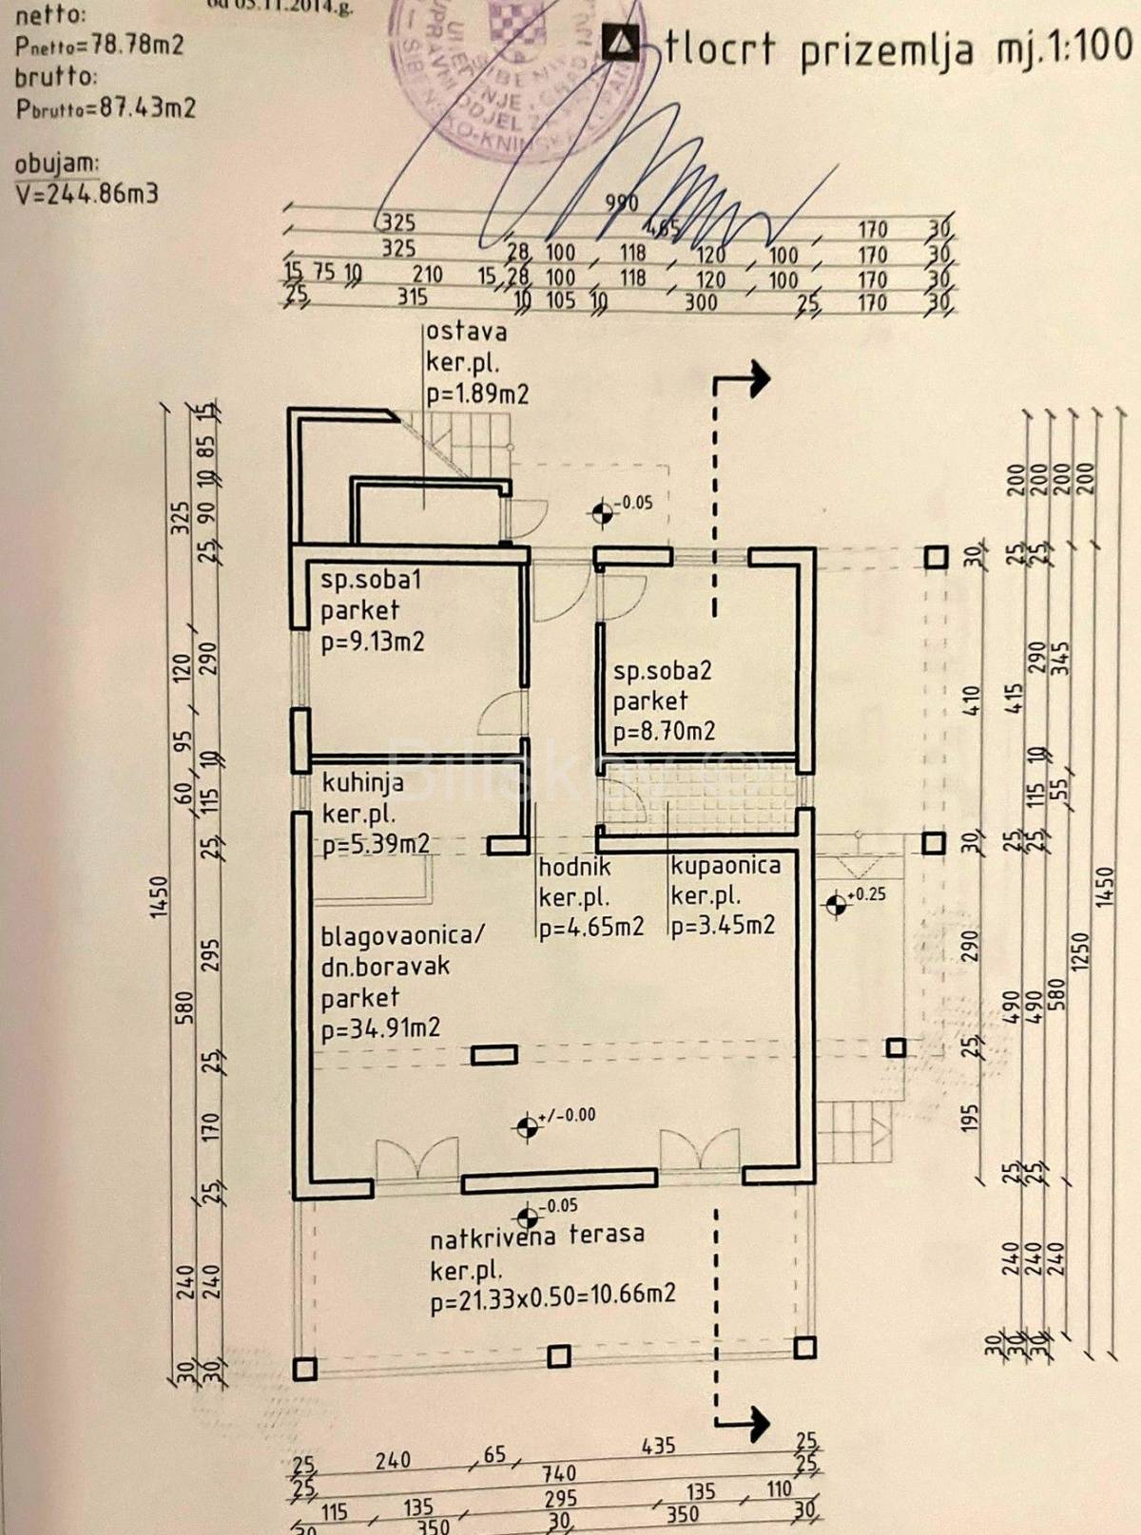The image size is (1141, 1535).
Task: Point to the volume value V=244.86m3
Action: click(87, 194)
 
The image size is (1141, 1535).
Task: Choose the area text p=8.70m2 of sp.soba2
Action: click(664, 731)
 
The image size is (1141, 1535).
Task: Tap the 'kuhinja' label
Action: click(362, 783)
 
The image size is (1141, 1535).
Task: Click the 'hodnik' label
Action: click(574, 867)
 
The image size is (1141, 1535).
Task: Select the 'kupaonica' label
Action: click(725, 866)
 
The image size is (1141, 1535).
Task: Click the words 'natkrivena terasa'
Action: click(536, 1236)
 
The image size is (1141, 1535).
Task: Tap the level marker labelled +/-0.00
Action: click(526, 1127)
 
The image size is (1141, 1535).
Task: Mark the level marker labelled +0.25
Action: click(837, 905)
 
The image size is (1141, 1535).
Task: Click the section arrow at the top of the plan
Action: click(751, 378)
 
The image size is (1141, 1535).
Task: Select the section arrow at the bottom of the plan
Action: click(751, 1422)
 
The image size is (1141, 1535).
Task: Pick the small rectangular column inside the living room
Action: click(494, 1054)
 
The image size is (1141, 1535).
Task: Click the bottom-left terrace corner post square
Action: click(304, 1369)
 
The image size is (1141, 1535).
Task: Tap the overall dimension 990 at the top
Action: click(622, 202)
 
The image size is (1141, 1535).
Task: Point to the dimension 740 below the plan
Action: click(559, 1473)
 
